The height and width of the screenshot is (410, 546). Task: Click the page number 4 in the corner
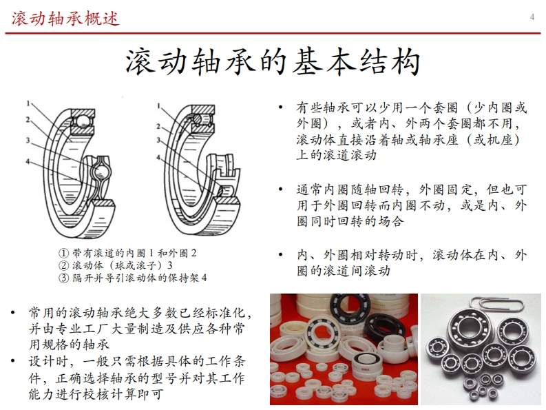click(x=532, y=17)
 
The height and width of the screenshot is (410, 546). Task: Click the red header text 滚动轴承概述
click(x=65, y=19)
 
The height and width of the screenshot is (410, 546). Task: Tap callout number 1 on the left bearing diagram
click(x=28, y=103)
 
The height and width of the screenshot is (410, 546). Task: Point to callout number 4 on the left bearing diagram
click(x=28, y=161)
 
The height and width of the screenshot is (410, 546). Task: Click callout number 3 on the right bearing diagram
click(x=158, y=140)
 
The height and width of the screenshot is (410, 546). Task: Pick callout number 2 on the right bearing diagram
click(x=158, y=126)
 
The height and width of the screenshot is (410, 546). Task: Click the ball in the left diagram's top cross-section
click(x=83, y=121)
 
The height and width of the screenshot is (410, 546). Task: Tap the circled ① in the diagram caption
click(x=63, y=253)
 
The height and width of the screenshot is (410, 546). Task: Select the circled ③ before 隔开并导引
click(x=63, y=278)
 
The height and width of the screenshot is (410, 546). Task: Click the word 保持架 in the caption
click(x=184, y=278)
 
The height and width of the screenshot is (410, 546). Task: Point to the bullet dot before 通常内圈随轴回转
click(x=280, y=189)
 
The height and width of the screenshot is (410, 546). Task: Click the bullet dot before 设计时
click(x=13, y=361)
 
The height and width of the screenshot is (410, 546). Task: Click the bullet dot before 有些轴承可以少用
click(x=280, y=107)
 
